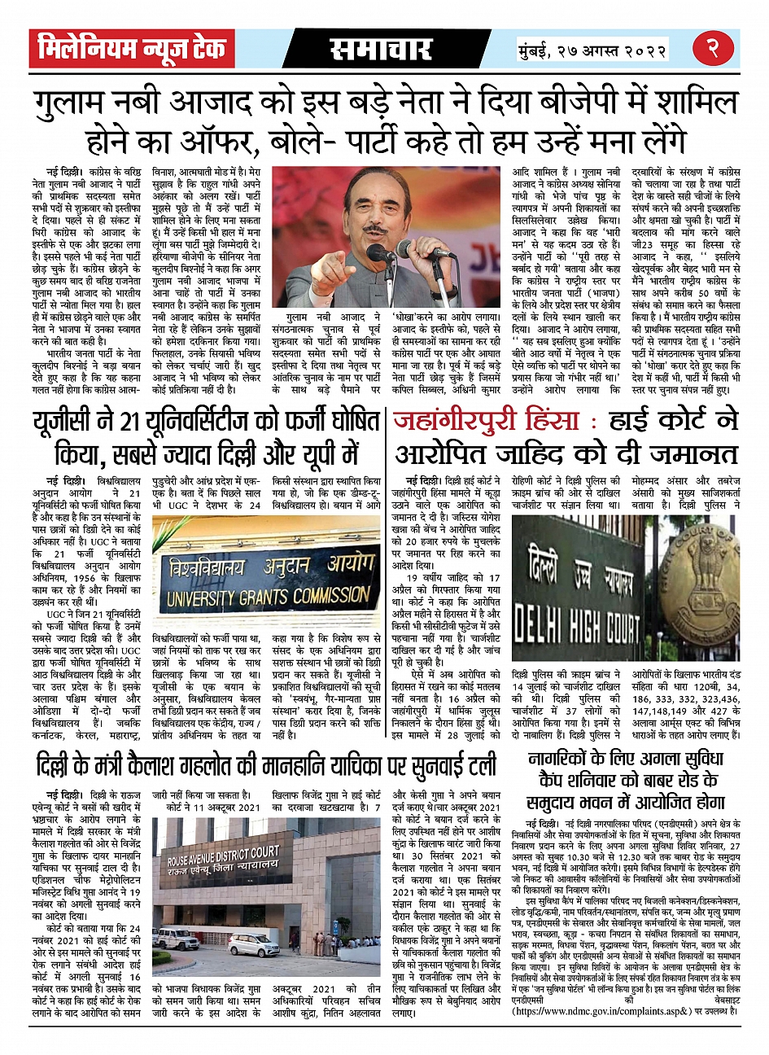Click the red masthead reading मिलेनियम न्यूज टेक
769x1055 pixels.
[132, 49]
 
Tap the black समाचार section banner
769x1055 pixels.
[380, 49]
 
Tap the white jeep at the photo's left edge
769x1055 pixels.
[176, 939]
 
